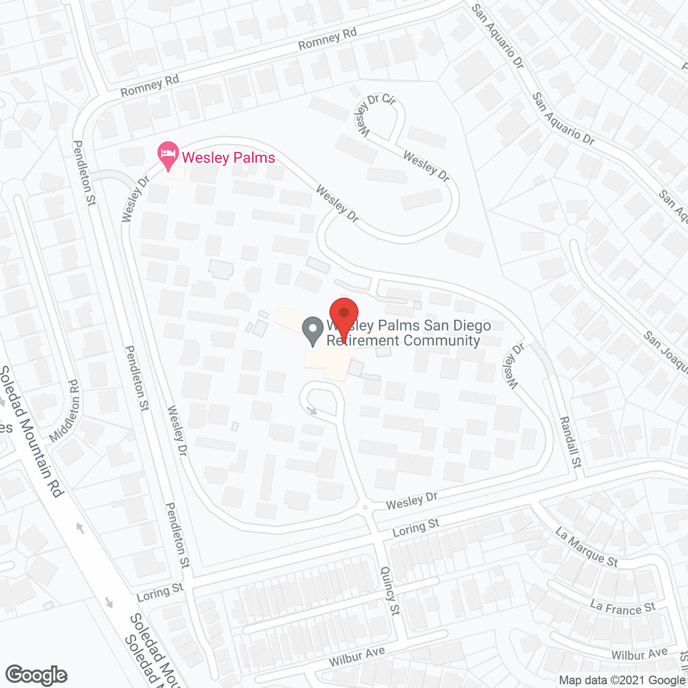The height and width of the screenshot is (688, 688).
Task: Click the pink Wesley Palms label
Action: click(x=228, y=157)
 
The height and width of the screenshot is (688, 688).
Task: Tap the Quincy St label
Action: click(x=390, y=591)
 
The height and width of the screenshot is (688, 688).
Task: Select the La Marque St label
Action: click(x=586, y=547)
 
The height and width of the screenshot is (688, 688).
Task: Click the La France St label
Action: click(x=623, y=608)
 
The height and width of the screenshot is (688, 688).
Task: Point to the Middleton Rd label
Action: click(x=65, y=411)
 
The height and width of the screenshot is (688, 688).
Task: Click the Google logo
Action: click(x=37, y=675)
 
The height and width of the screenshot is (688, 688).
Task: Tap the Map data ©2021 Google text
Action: click(x=622, y=680)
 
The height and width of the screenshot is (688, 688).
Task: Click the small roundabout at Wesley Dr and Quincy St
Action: click(x=365, y=507)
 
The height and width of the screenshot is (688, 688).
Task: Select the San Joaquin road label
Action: click(x=665, y=352)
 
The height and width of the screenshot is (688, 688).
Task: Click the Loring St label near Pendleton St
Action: click(x=160, y=592)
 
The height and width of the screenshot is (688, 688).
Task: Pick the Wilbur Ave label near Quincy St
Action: click(x=357, y=656)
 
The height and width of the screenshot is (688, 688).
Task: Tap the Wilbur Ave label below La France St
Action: click(x=639, y=654)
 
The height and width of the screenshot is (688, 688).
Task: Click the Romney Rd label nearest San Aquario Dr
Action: click(x=327, y=39)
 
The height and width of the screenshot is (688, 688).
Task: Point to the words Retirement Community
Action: click(x=403, y=340)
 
